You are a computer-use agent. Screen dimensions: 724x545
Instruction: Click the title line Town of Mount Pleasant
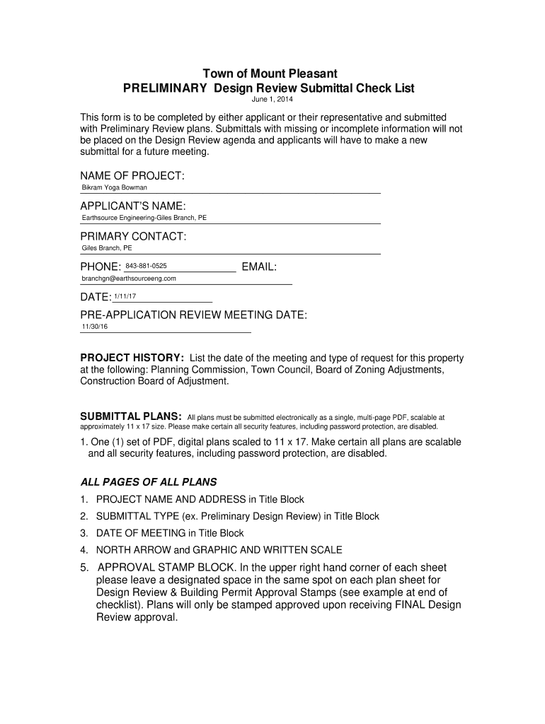270,74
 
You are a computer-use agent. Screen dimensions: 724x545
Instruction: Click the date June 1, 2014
272,100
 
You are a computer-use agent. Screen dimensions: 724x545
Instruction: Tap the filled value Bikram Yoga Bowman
115,188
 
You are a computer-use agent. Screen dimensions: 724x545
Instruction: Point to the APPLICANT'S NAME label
133,206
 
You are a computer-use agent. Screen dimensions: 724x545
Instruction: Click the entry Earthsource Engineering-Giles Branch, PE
144,218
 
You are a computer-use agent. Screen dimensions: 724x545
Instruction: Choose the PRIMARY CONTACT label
133,236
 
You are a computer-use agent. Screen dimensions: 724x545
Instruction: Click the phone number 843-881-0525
146,266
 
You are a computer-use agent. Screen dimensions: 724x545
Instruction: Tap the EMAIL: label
259,267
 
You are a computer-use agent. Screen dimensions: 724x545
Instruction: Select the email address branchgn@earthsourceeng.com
129,279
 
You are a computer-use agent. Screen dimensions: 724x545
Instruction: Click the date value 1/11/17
125,296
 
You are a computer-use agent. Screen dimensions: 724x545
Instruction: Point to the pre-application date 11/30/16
95,327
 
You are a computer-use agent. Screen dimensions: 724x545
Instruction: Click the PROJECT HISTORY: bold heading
132,358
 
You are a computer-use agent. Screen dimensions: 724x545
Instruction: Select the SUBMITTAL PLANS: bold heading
132,416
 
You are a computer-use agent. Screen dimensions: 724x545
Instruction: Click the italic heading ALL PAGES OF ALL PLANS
148,482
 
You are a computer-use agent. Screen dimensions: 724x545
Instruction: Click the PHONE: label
101,267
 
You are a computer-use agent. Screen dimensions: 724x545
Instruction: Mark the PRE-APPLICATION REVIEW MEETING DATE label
193,315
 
